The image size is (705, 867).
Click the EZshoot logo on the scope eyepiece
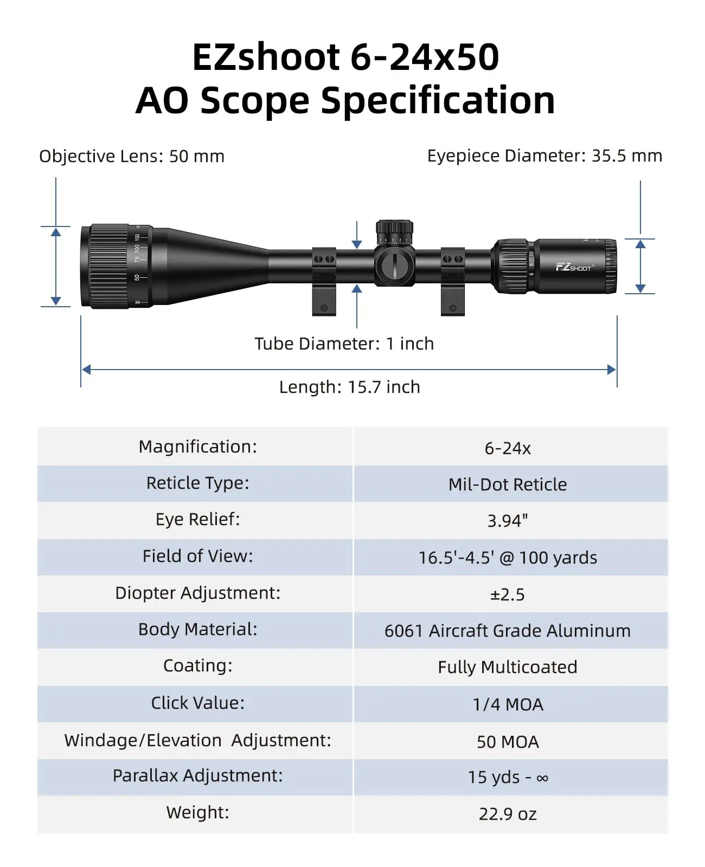click(573, 267)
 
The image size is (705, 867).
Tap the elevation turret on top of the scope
click(395, 232)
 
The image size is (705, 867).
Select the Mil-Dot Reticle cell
click(508, 484)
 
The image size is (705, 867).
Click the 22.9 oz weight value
click(508, 814)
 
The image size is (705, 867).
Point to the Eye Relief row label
click(197, 519)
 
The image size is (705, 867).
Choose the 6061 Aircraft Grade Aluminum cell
click(508, 631)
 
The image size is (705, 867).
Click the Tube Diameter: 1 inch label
click(344, 344)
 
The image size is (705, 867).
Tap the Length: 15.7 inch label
click(350, 387)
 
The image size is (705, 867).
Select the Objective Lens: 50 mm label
click(132, 156)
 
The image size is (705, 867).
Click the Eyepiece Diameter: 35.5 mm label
click(544, 156)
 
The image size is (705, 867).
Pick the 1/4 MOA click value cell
click(508, 704)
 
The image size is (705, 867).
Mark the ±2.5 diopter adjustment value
click(508, 594)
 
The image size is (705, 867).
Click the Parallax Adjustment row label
click(197, 775)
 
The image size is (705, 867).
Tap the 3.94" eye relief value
click(508, 521)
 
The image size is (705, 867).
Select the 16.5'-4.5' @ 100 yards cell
click(508, 558)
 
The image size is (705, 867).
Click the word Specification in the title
click(438, 101)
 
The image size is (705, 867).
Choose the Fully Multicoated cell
click(508, 667)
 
